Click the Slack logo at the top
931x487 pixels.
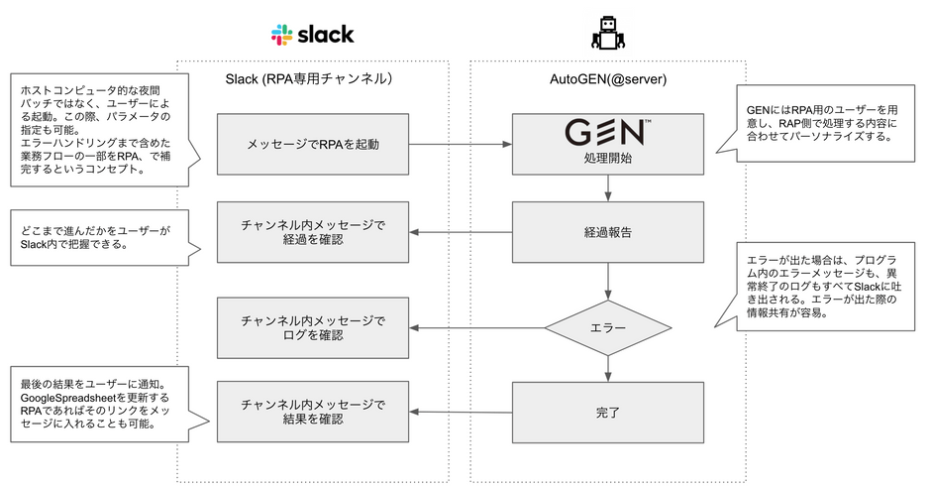[x=312, y=35]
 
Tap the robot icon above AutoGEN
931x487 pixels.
[x=608, y=33]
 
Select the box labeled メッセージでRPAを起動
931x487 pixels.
[x=313, y=145]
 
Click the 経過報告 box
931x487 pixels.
[x=608, y=232]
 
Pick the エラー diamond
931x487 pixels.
[x=608, y=327]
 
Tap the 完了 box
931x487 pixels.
[x=608, y=412]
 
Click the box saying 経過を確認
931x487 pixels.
[x=313, y=232]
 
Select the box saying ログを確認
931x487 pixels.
[x=313, y=327]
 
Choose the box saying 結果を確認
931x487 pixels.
[x=313, y=412]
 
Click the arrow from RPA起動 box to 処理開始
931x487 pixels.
[x=461, y=144]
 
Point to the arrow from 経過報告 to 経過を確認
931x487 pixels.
[x=461, y=232]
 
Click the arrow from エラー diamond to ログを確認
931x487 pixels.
[x=477, y=327]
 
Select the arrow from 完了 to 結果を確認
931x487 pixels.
[x=461, y=412]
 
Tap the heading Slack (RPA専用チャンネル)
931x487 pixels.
[x=309, y=79]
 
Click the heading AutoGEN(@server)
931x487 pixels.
[x=608, y=79]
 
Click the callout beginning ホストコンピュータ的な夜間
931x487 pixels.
[x=100, y=130]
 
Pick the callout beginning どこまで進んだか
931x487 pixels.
[x=100, y=237]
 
